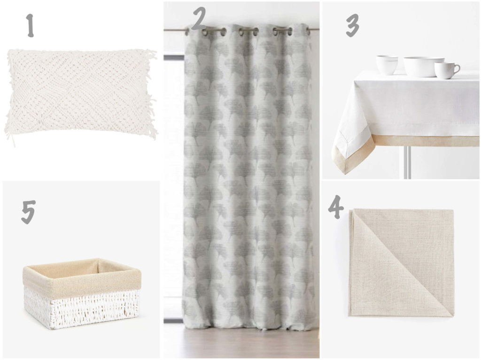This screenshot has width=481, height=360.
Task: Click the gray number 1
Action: coord(30,26)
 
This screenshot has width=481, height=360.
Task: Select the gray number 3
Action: coord(352,26)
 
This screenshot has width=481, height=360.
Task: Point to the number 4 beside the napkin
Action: coord(336,207)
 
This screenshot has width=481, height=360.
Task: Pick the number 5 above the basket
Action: coord(28,212)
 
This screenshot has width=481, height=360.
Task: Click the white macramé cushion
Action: coord(80,92)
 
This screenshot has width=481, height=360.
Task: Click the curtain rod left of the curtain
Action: coord(174,30)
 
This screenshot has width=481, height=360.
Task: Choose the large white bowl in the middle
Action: coord(423,67)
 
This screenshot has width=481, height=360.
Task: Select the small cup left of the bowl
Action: coord(387,65)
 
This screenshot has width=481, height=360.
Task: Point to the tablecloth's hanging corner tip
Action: coord(345,174)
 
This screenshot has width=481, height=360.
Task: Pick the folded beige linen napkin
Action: coord(401,262)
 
